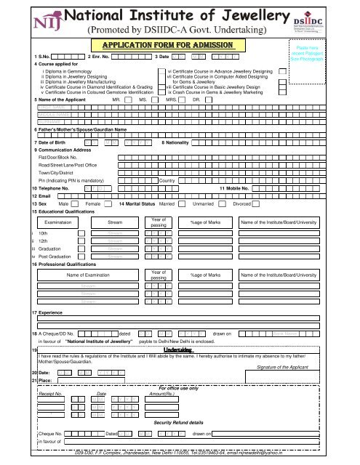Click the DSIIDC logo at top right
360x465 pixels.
click(333, 20)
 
